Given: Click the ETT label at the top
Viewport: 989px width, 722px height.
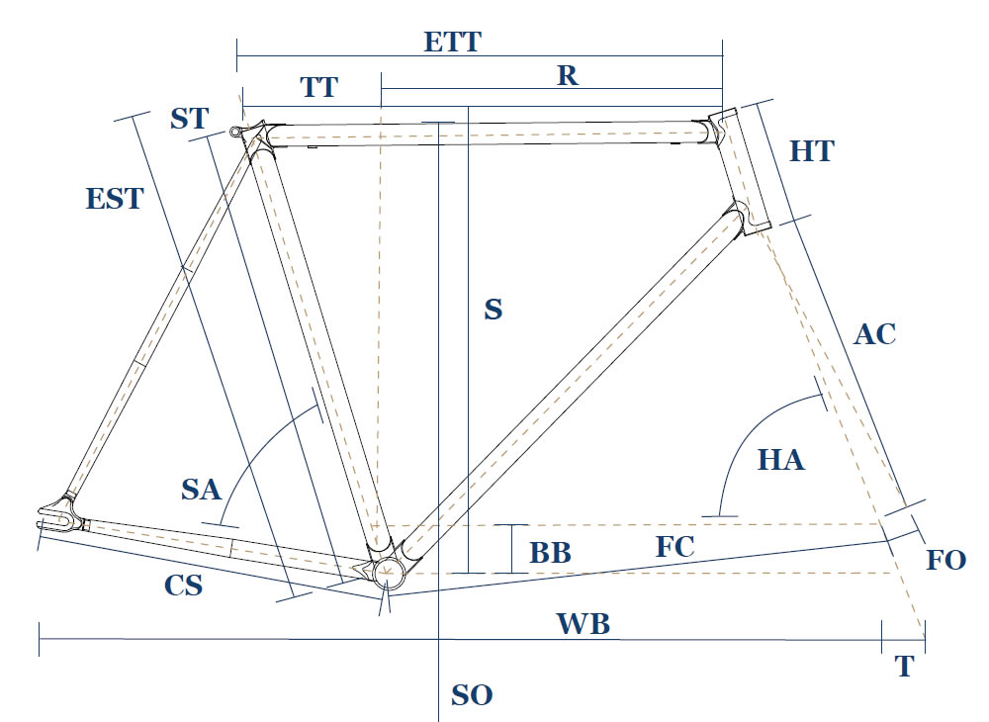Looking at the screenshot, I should click(452, 43).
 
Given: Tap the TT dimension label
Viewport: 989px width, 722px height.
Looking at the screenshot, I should click(318, 87).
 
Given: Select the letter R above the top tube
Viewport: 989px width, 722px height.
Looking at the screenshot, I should click(567, 76).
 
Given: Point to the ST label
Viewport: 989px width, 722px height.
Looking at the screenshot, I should click(189, 119).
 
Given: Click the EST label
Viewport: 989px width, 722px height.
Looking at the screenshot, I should click(115, 198).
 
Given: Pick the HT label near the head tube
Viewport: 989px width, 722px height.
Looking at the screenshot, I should click(812, 151).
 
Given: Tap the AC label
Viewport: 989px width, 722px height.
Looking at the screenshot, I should click(874, 334).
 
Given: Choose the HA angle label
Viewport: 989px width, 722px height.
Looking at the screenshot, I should click(781, 459).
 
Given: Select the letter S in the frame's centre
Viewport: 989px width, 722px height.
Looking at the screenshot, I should click(493, 310).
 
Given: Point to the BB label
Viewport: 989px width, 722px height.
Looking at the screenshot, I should click(550, 552).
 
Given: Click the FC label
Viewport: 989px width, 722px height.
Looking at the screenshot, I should click(675, 546).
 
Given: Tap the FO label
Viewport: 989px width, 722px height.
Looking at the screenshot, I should click(945, 560).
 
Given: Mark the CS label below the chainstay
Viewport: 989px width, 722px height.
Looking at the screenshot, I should click(184, 585).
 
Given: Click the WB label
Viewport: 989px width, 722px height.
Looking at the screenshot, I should click(584, 624).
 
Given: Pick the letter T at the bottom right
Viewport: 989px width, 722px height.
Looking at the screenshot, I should click(904, 668).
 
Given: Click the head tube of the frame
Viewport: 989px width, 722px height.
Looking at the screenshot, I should click(743, 173).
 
